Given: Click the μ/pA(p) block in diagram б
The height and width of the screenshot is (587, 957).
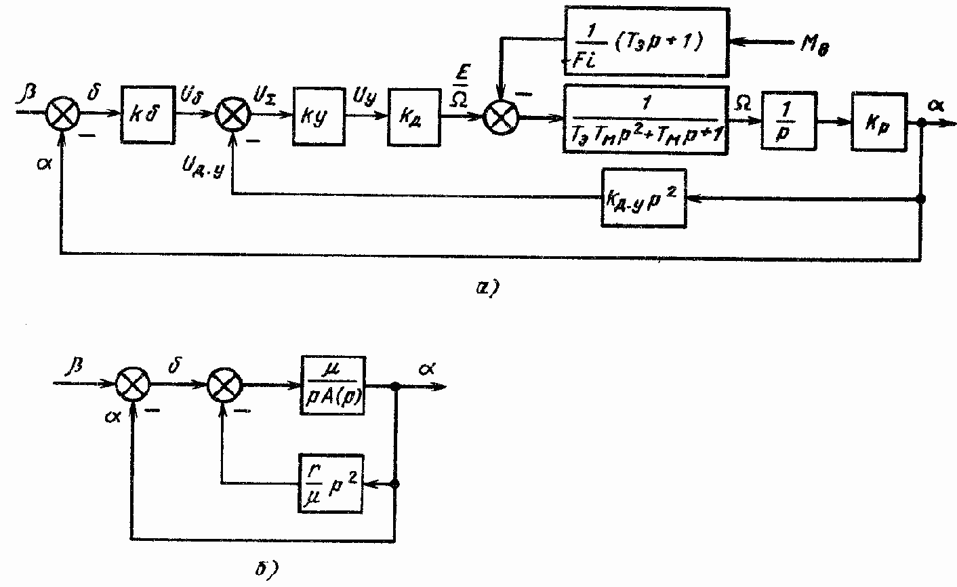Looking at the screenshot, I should pos(332,387).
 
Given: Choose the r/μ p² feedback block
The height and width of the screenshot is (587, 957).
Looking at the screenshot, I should pos(331,483).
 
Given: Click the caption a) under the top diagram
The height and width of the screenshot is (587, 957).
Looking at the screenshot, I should pos(487,289).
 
